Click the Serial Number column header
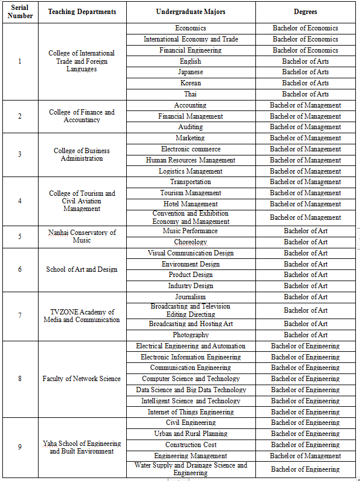[x=20, y=12]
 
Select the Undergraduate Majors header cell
[x=191, y=12]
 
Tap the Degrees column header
[x=305, y=12]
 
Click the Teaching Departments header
[x=82, y=12]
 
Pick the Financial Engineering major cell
[x=191, y=50]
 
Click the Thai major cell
[x=191, y=94]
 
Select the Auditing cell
[x=191, y=127]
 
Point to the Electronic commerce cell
[x=191, y=149]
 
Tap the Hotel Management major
[x=191, y=204]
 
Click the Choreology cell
[x=191, y=242]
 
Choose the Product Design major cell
[x=191, y=275]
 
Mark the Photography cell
[x=191, y=335]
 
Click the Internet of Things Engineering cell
[x=191, y=412]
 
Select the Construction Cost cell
[x=191, y=445]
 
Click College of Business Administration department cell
[x=82, y=154]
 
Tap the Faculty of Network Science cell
[x=82, y=379]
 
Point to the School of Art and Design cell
[x=82, y=269]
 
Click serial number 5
[x=20, y=237]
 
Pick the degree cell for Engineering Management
[x=305, y=456]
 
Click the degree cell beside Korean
[x=305, y=83]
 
